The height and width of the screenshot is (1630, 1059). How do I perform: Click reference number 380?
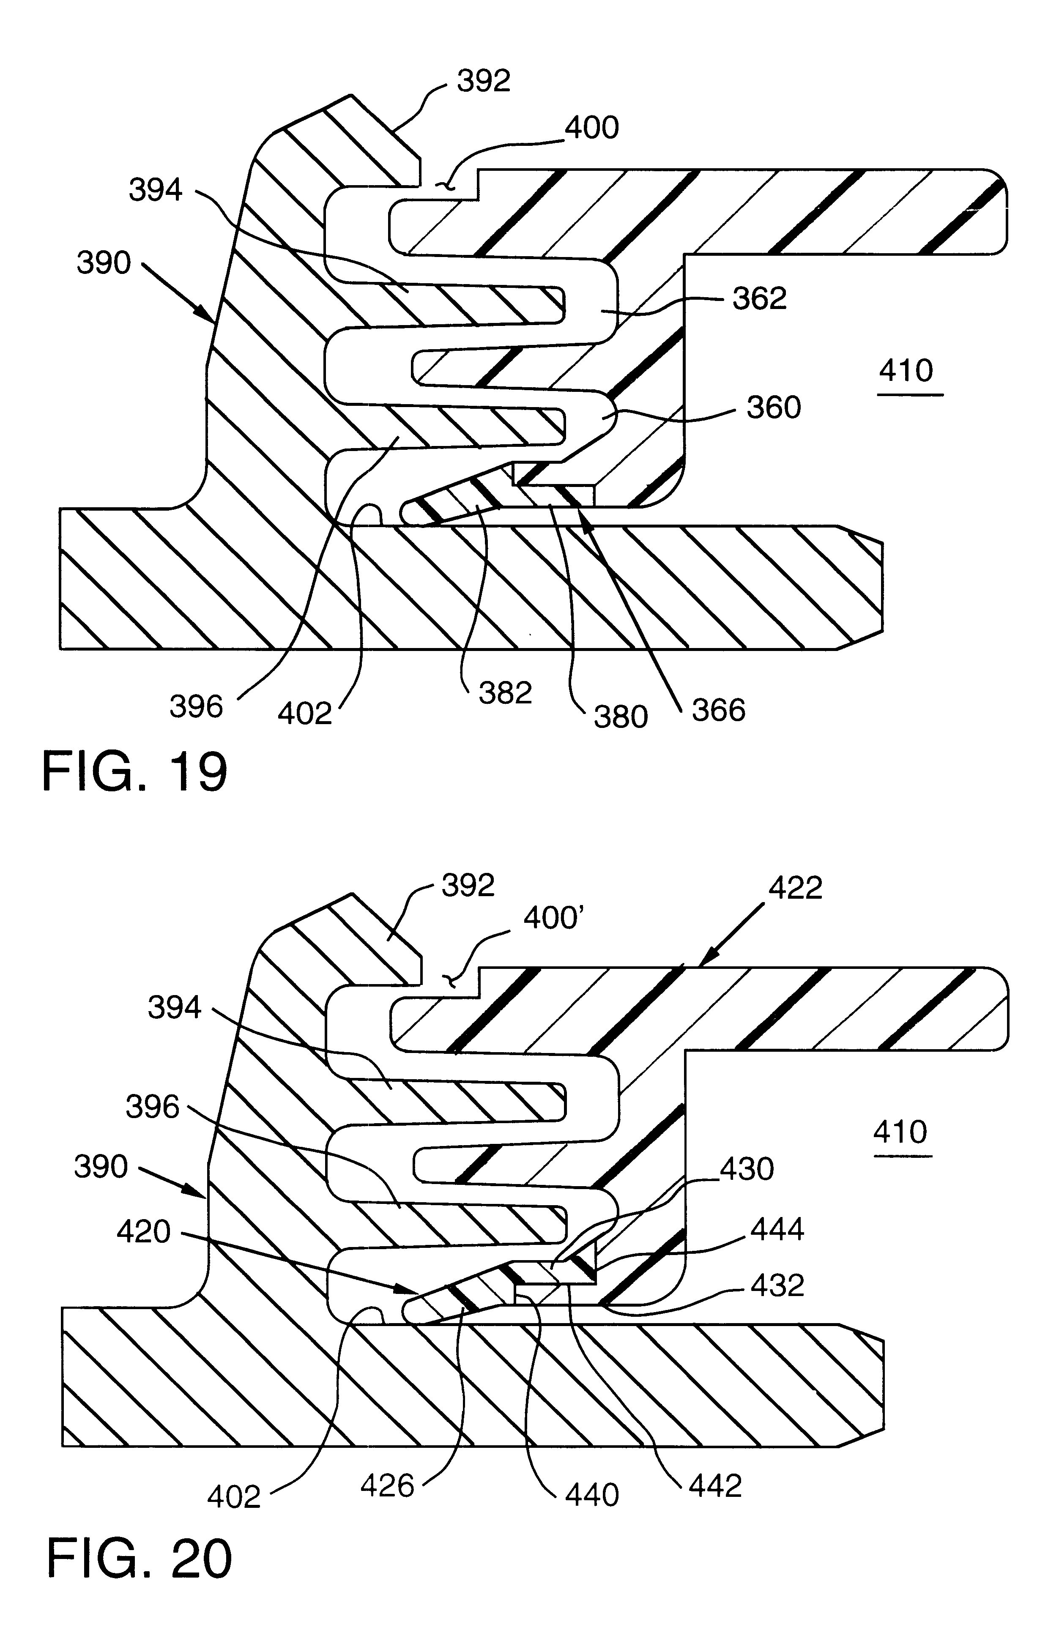pyautogui.click(x=621, y=717)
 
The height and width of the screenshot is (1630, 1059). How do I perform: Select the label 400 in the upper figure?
pyautogui.click(x=592, y=128)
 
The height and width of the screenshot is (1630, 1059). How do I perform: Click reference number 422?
pyautogui.click(x=795, y=888)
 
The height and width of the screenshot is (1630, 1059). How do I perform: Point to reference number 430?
pyautogui.click(x=747, y=1168)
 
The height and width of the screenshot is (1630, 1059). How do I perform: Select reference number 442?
pyautogui.click(x=715, y=1486)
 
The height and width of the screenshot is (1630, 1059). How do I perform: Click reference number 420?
pyautogui.click(x=143, y=1232)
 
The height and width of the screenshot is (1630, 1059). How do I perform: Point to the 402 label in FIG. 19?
pyautogui.click(x=305, y=714)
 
